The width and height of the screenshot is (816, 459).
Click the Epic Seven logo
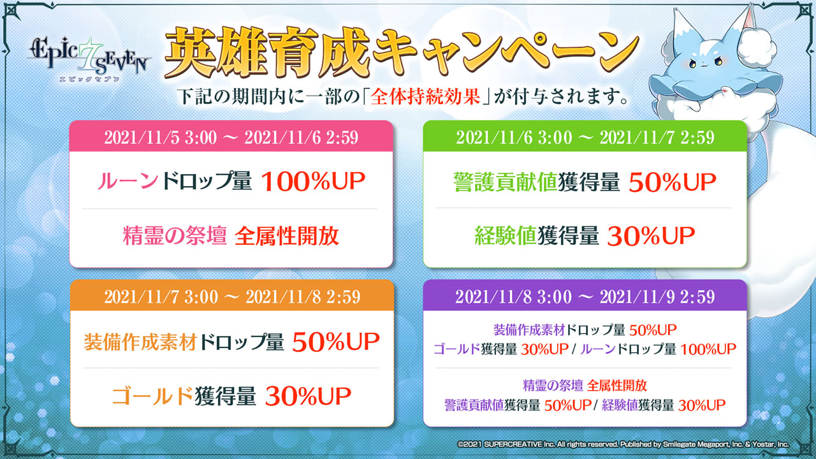coord(89,59)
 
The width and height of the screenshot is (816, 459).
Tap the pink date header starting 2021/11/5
coord(231,136)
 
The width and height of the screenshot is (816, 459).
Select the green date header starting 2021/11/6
coord(585,136)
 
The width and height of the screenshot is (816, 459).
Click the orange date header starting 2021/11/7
coord(232,296)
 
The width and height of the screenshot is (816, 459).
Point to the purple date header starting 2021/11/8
coord(585,296)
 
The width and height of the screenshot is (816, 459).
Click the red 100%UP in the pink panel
coord(313,181)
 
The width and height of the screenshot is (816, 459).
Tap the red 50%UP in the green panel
coord(673,182)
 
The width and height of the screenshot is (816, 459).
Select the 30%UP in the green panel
coord(651,236)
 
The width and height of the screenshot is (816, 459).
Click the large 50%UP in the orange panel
coord(336,342)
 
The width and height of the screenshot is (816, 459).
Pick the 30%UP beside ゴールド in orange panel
coord(308,396)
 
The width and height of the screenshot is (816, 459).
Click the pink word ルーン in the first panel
coord(128,180)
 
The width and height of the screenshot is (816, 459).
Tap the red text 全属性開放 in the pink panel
coord(287,236)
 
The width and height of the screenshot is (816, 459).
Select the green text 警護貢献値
coord(505,182)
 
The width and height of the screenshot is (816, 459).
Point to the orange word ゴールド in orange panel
coord(152,396)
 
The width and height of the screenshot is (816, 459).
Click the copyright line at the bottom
coord(623,444)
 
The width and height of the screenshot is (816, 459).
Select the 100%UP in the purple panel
coord(708,349)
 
